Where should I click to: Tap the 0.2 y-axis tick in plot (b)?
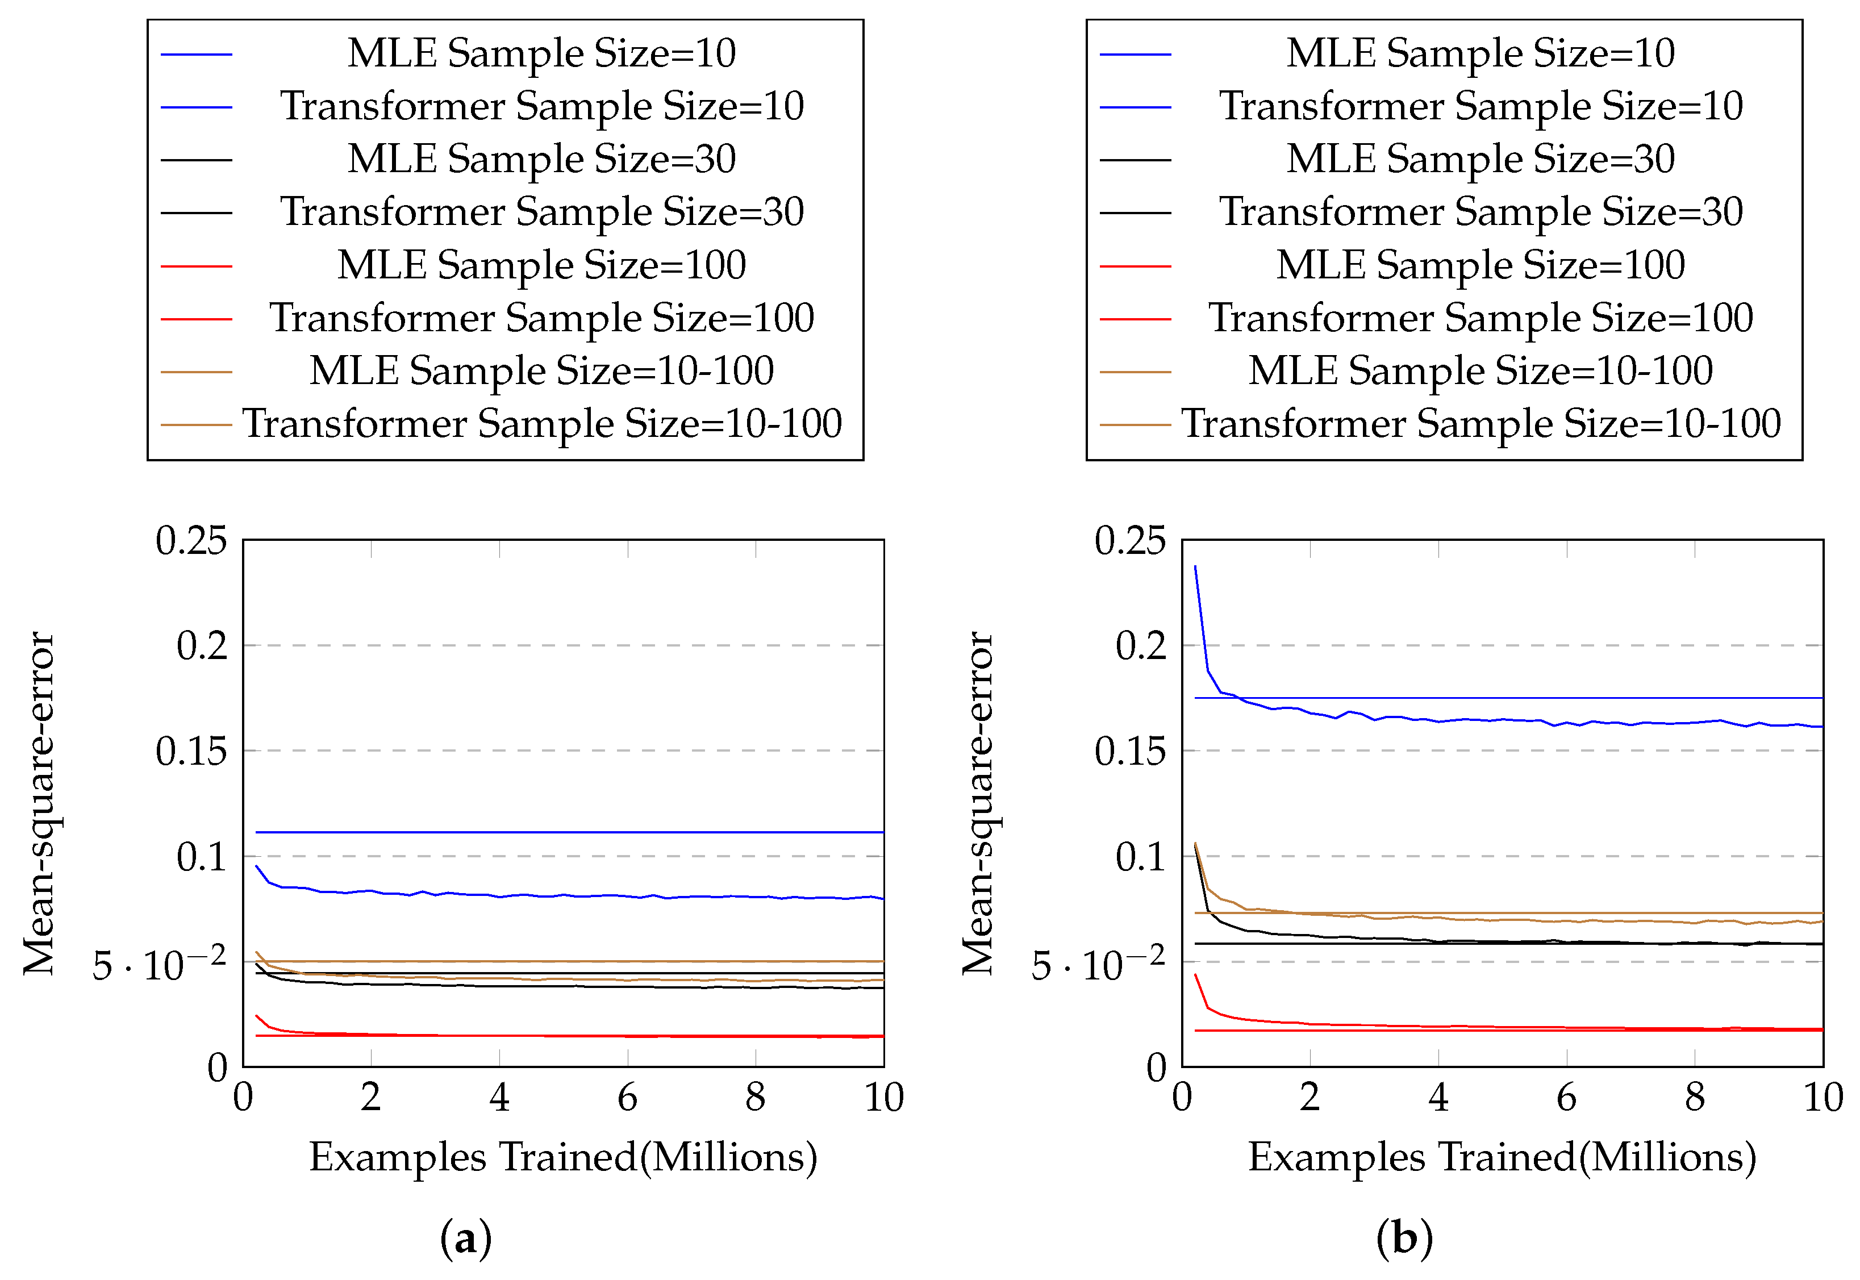(x=1141, y=645)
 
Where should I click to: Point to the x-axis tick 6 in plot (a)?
(x=627, y=1097)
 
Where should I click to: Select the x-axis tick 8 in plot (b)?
(x=1694, y=1097)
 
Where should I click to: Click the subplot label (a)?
(x=465, y=1239)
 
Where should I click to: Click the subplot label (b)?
(x=1404, y=1239)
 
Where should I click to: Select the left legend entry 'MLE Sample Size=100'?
(x=541, y=265)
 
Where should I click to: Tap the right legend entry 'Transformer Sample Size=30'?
(x=1481, y=212)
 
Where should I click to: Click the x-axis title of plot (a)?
(x=563, y=1157)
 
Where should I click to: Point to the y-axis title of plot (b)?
(x=978, y=803)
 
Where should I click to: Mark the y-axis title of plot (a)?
(x=39, y=803)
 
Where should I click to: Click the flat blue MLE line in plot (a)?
(x=561, y=832)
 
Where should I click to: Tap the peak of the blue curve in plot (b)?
(x=1195, y=567)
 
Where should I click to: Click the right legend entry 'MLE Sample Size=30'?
(x=1481, y=160)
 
